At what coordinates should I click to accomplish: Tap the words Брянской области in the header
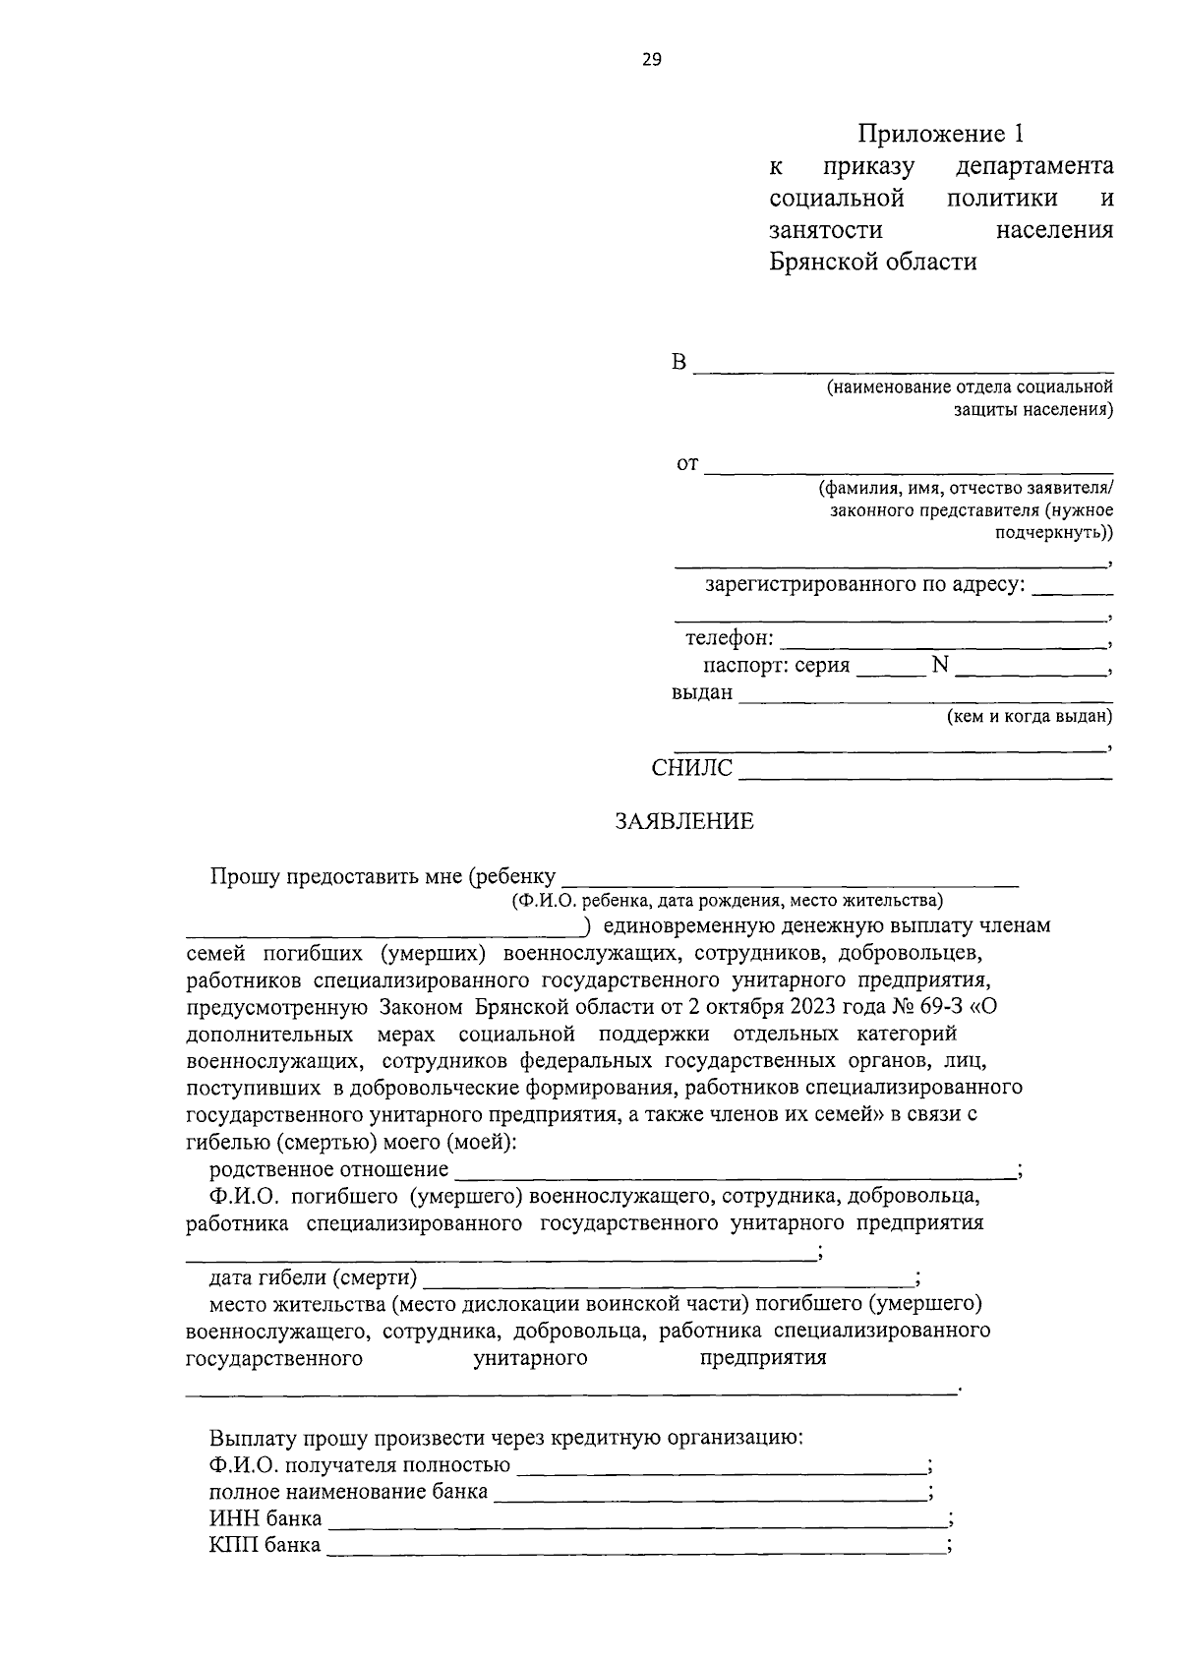[873, 263]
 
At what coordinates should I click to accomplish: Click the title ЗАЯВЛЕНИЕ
[684, 821]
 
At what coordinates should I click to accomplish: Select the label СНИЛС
[692, 769]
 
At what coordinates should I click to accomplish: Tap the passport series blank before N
[890, 669]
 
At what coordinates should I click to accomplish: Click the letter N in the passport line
[940, 666]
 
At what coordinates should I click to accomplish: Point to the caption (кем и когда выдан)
[1029, 717]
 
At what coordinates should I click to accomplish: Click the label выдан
[702, 692]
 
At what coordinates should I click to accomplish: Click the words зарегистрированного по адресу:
[865, 586]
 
